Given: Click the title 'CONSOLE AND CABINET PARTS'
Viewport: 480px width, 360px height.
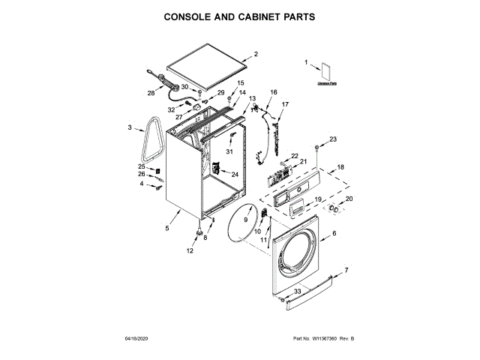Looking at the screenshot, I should (x=240, y=16).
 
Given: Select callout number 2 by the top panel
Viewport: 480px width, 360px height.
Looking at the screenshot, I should (x=255, y=54).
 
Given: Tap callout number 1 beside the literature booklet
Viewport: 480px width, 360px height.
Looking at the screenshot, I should (x=306, y=63).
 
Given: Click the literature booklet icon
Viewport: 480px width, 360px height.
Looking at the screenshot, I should (x=325, y=72).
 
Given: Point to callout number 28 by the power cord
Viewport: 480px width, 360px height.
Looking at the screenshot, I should (x=151, y=94).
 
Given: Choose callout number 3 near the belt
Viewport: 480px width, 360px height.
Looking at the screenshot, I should (x=130, y=127).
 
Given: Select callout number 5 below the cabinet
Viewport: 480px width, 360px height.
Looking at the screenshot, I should (x=167, y=228).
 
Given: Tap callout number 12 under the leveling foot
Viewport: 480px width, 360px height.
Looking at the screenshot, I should (x=190, y=251).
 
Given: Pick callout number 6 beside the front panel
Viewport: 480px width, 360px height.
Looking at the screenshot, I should (x=334, y=234).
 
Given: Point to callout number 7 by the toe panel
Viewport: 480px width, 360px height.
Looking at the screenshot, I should (x=346, y=269).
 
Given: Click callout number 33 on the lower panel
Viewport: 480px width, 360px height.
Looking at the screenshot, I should (x=297, y=290).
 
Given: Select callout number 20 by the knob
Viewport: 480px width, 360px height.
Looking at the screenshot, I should (x=347, y=198).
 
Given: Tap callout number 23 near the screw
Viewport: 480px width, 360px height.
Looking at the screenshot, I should (x=333, y=139).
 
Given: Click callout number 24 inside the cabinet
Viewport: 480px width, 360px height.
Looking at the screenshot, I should (x=234, y=174).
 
